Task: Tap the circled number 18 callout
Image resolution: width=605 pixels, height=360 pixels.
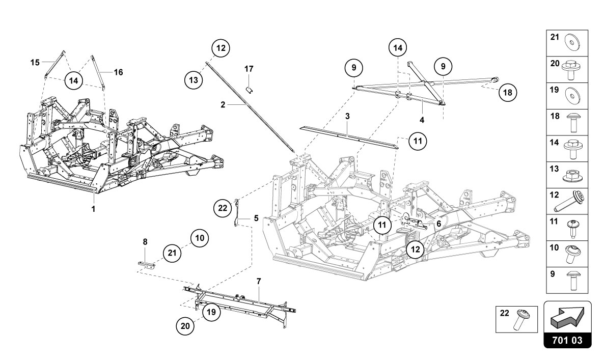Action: [x=507, y=92]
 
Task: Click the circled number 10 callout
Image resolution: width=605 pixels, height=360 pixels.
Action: [x=200, y=238]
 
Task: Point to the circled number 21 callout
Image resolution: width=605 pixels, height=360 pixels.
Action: [x=172, y=251]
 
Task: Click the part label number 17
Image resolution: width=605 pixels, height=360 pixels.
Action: [x=249, y=69]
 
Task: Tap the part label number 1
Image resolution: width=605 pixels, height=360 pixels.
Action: [x=94, y=208]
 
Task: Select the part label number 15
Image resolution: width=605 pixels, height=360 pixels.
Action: [x=35, y=63]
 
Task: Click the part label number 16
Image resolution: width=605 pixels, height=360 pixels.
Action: [x=118, y=72]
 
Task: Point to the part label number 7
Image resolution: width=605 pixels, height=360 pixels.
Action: [x=258, y=281]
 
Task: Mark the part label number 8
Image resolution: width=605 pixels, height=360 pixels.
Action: [x=145, y=242]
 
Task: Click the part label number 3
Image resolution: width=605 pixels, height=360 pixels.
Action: [x=347, y=116]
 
